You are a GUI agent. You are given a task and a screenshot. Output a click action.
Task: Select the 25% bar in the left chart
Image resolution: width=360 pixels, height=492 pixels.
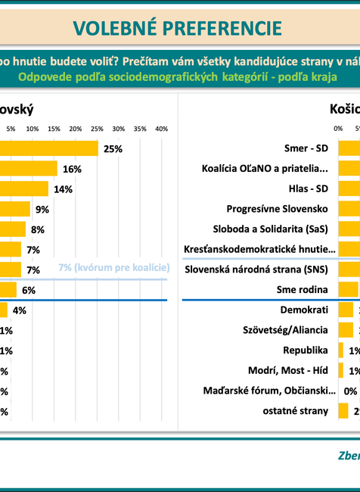(49, 148)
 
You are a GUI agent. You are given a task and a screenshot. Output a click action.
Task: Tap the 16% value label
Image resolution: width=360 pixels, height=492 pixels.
(73, 169)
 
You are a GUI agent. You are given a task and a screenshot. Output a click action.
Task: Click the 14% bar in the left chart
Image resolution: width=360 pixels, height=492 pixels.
(24, 189)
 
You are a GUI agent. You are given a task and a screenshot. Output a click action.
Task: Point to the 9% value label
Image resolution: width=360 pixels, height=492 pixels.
(42, 210)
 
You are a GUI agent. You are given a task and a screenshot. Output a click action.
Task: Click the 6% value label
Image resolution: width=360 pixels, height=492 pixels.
(29, 290)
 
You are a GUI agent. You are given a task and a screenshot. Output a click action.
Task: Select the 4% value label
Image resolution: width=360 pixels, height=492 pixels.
(20, 310)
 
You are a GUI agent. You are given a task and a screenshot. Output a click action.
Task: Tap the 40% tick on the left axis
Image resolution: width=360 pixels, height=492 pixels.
(161, 129)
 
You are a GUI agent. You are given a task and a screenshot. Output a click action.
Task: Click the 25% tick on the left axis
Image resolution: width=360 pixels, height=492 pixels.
(97, 129)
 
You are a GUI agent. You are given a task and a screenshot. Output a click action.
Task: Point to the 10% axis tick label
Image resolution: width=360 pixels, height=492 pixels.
(33, 129)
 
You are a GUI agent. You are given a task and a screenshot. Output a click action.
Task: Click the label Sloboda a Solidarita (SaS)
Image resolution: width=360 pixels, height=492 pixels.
(272, 229)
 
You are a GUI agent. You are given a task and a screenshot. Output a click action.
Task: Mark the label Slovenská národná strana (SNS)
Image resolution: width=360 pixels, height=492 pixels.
(258, 269)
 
